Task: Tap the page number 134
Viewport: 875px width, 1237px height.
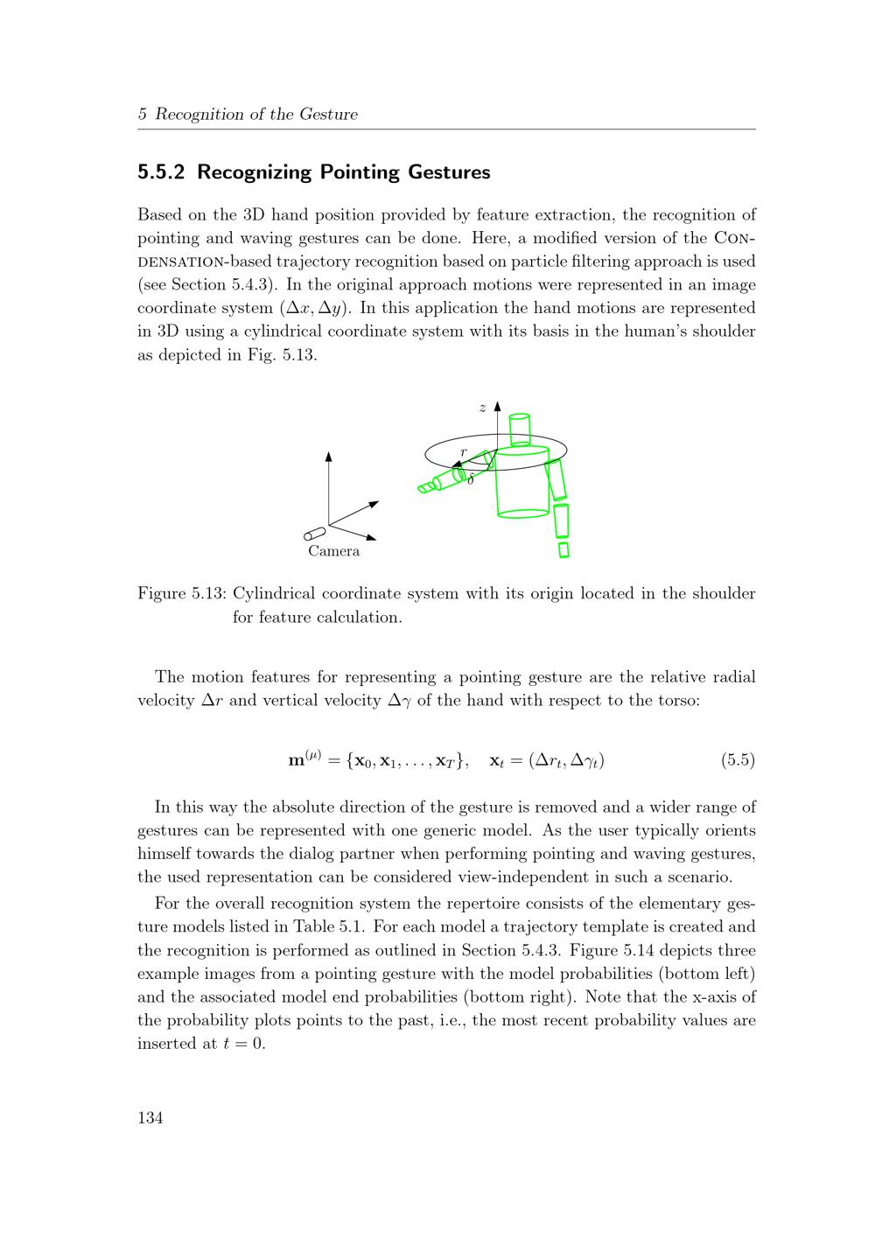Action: tap(150, 1117)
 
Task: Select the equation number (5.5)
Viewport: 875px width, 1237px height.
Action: tap(738, 760)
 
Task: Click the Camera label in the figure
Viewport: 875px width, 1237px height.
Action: tap(333, 551)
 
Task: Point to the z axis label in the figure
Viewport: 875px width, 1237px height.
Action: tap(482, 408)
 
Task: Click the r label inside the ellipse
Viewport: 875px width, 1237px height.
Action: tap(464, 451)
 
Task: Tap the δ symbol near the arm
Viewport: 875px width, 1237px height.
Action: tap(470, 479)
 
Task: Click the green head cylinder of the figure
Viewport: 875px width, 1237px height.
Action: tap(520, 430)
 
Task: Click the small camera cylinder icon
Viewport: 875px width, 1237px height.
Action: tap(315, 534)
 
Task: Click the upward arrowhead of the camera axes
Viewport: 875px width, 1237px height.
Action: tap(329, 456)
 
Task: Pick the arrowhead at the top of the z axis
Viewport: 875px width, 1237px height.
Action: tap(497, 406)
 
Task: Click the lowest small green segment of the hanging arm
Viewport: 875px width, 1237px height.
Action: tap(563, 549)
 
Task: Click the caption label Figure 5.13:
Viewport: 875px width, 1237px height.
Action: tap(182, 594)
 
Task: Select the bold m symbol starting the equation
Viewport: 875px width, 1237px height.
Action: tap(296, 761)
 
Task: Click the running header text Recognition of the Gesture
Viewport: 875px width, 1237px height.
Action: tap(256, 115)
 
